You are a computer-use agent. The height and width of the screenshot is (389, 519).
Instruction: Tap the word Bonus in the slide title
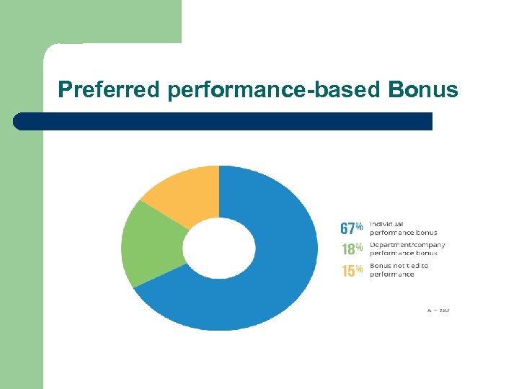point(422,89)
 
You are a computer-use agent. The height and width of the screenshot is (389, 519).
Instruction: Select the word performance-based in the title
point(275,89)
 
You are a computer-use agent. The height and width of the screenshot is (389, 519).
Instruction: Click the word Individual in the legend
point(386,224)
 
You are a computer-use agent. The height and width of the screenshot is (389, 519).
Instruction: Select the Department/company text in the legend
point(407,245)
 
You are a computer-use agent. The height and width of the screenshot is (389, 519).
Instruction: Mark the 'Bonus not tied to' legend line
point(399,266)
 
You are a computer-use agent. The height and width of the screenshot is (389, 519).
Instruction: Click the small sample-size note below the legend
point(438,310)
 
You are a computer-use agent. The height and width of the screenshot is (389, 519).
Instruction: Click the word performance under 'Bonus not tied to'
point(391,274)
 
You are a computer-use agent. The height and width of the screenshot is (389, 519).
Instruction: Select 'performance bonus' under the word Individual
point(403,233)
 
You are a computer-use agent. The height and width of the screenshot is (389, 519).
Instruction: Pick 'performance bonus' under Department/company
point(403,254)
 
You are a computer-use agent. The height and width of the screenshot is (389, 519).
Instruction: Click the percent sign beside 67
point(360,226)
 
